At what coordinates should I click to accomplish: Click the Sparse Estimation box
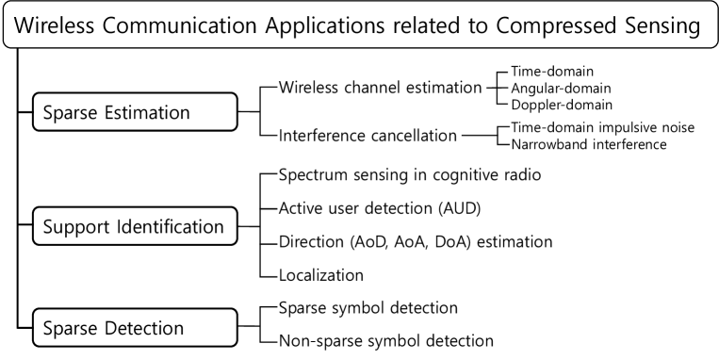(x=135, y=112)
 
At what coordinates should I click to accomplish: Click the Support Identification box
(x=135, y=227)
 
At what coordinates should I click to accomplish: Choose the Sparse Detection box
(x=135, y=329)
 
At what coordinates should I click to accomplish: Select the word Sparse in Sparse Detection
(x=72, y=329)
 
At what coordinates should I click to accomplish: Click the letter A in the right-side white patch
(x=515, y=88)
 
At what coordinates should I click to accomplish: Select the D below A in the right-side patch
(x=515, y=103)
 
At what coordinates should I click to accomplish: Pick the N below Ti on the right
(x=515, y=145)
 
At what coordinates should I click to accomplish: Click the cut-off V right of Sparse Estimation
(x=281, y=90)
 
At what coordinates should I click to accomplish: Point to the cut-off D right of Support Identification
(x=281, y=242)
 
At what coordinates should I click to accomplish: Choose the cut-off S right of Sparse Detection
(x=281, y=308)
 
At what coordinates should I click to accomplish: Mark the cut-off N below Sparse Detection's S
(x=281, y=339)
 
